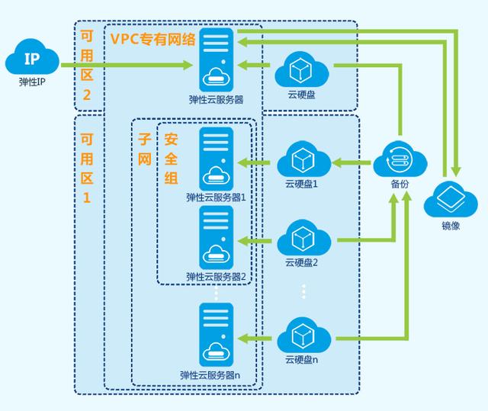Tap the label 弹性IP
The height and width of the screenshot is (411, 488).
[31, 79]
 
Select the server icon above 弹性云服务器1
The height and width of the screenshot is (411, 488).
[217, 159]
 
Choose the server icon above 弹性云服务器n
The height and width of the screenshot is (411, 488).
[217, 335]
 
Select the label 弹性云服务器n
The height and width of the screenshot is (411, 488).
[210, 374]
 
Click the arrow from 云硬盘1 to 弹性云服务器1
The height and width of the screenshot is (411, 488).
[256, 162]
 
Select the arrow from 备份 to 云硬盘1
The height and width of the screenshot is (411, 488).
[352, 162]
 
